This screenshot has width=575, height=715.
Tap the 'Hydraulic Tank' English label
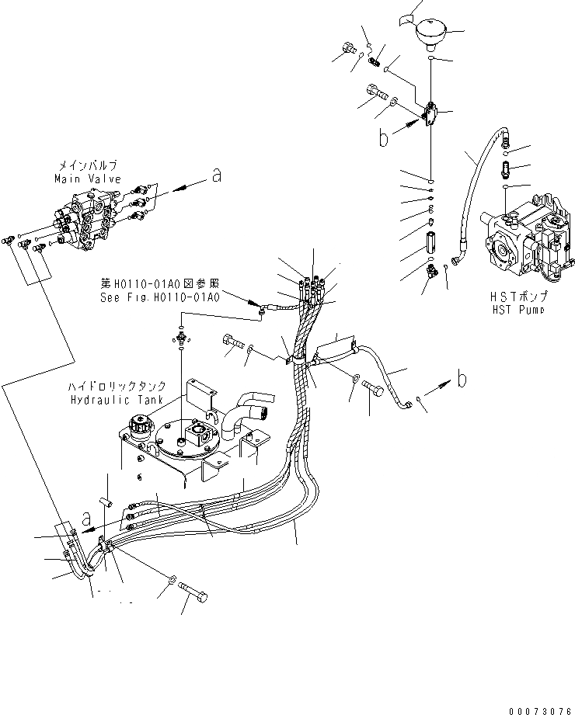(x=115, y=399)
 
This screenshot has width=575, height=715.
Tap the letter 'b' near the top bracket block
(x=382, y=138)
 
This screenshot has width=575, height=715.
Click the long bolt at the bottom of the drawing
(x=194, y=598)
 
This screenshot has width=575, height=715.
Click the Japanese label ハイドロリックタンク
(x=115, y=387)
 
